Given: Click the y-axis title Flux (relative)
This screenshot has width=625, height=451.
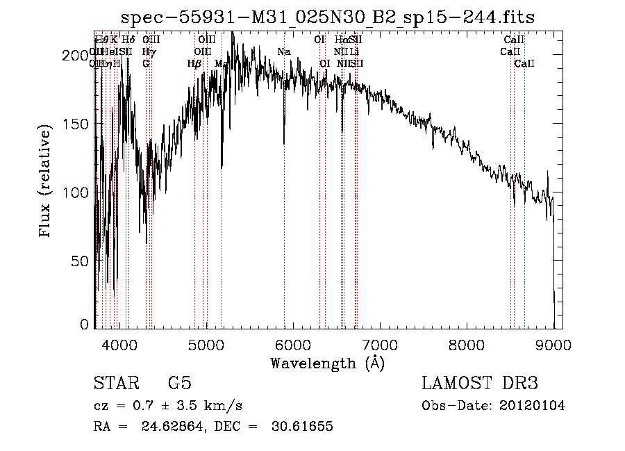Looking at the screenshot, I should pyautogui.click(x=46, y=183).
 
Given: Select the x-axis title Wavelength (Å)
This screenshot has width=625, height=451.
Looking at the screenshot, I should pyautogui.click(x=327, y=363).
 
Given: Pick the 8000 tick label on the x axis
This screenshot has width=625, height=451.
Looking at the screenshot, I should pyautogui.click(x=467, y=344).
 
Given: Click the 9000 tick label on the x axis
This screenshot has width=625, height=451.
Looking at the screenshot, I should pyautogui.click(x=553, y=344).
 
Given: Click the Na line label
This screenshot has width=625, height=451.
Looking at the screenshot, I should pyautogui.click(x=283, y=51).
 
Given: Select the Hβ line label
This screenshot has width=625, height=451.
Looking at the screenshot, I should pyautogui.click(x=194, y=63).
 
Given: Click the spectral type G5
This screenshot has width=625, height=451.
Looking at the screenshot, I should pyautogui.click(x=179, y=384).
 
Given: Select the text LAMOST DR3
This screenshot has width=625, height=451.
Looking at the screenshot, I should pyautogui.click(x=479, y=384).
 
